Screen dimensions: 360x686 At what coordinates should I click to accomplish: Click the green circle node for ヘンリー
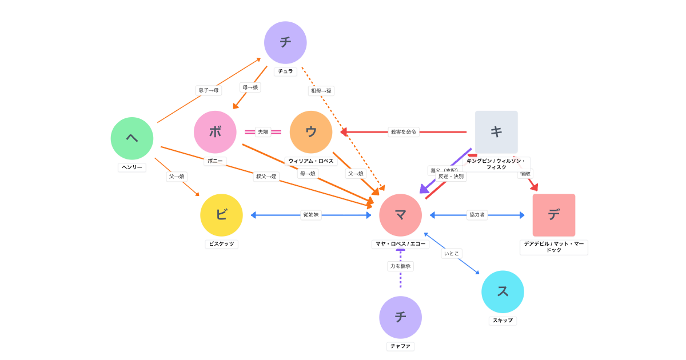point(132,138)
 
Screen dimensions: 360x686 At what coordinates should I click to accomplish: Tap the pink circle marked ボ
point(215,132)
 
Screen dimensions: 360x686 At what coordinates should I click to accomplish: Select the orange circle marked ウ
point(311,132)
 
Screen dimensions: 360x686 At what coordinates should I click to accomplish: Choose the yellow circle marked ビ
point(221,215)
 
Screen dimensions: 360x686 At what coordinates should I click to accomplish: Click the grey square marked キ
point(496,132)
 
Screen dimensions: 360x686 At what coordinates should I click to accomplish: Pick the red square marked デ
point(554,215)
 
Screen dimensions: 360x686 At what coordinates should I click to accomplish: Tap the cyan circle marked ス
point(502,291)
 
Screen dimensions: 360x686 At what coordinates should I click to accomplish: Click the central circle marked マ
point(400,215)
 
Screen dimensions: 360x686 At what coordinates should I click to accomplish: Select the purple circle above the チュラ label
point(285,43)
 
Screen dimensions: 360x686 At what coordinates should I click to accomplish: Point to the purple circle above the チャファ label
point(400,317)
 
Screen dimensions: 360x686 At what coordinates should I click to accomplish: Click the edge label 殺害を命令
point(404,132)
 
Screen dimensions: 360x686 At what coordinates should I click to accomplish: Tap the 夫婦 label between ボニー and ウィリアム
point(263,132)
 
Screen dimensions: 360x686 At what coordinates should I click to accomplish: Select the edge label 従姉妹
point(311,215)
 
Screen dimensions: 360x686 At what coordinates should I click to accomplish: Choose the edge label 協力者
point(477,215)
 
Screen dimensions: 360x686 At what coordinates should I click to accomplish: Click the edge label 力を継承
point(400,266)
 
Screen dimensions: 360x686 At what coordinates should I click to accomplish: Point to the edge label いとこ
point(452,253)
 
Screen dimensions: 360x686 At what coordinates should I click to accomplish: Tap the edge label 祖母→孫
point(321,91)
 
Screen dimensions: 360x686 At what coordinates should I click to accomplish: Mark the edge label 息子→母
point(209,90)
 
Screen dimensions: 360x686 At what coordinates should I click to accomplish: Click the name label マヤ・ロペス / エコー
point(400,244)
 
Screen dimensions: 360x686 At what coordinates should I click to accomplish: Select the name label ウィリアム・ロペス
point(311,161)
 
